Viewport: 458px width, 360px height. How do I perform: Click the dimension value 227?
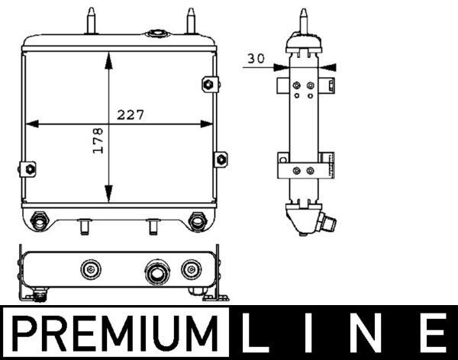[x=131, y=114]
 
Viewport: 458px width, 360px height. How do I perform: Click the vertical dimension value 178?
[x=98, y=141]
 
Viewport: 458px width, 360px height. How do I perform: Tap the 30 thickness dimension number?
[x=256, y=58]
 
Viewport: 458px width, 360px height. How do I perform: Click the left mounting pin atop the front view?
[x=92, y=20]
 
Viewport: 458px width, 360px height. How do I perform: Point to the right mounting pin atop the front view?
[x=188, y=20]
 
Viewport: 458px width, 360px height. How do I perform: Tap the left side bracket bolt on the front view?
[x=30, y=169]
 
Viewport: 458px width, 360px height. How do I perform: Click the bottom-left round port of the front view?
[x=37, y=221]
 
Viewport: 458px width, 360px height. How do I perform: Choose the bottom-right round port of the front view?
[x=197, y=221]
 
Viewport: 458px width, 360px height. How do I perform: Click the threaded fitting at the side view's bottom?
[x=329, y=223]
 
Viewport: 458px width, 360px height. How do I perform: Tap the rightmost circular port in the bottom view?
[x=189, y=268]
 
